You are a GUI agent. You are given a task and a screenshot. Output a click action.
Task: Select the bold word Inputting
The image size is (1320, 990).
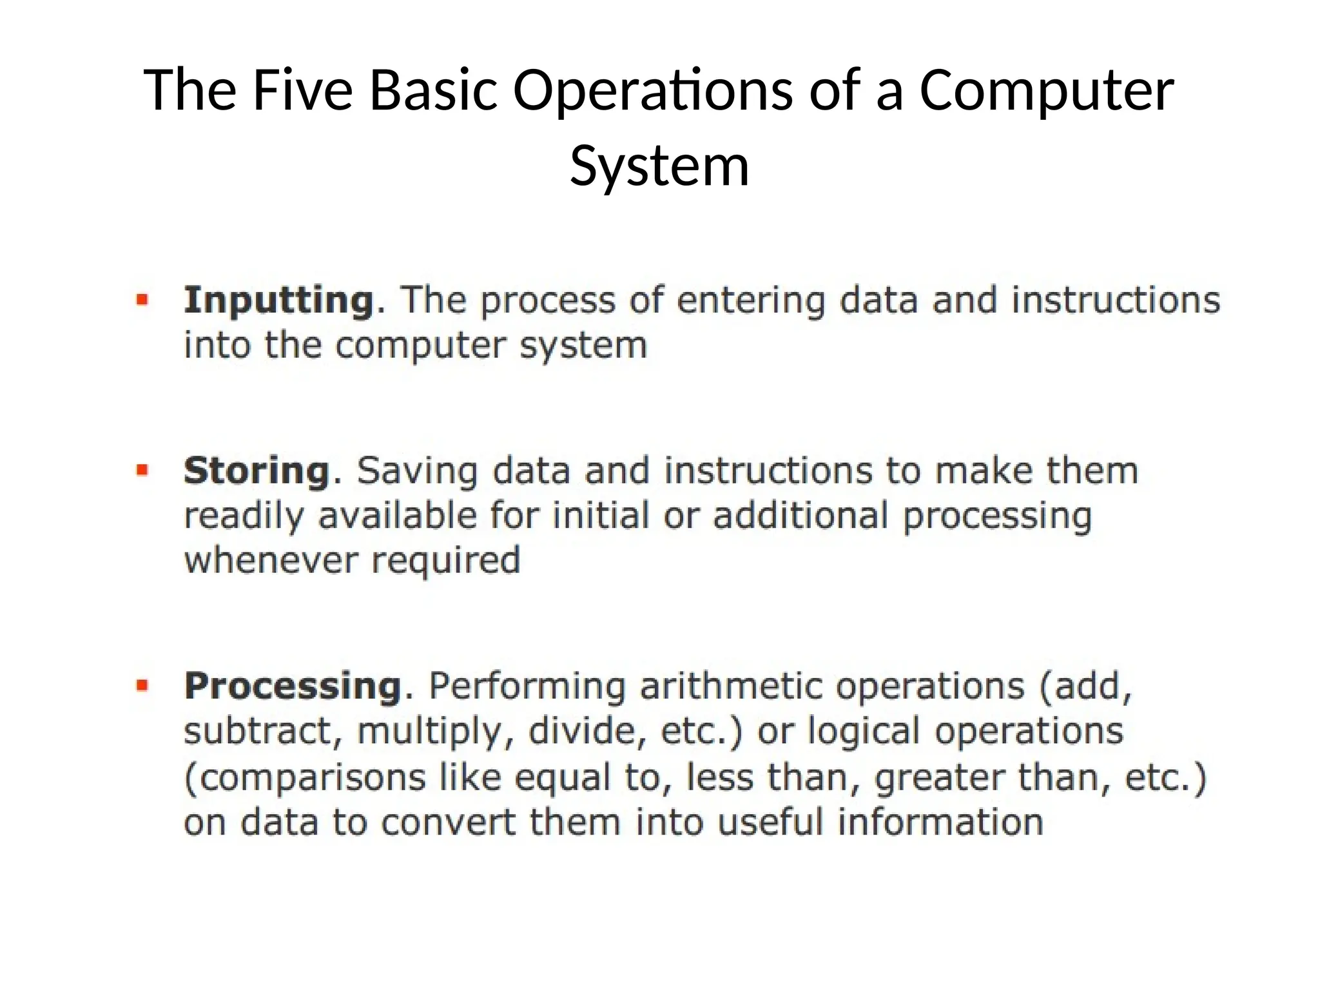[x=278, y=301]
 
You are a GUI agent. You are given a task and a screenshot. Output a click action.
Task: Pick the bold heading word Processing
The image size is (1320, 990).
[x=293, y=686]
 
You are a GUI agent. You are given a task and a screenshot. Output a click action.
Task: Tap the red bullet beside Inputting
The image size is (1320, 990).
[x=142, y=300]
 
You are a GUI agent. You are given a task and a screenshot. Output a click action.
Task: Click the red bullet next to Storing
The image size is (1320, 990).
[x=142, y=470]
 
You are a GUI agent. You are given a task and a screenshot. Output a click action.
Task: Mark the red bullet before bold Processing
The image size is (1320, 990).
[x=142, y=685]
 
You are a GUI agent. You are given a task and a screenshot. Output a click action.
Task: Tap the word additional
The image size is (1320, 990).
[x=800, y=516]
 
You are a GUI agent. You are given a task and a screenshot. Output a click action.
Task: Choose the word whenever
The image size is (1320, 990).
[x=271, y=560]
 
